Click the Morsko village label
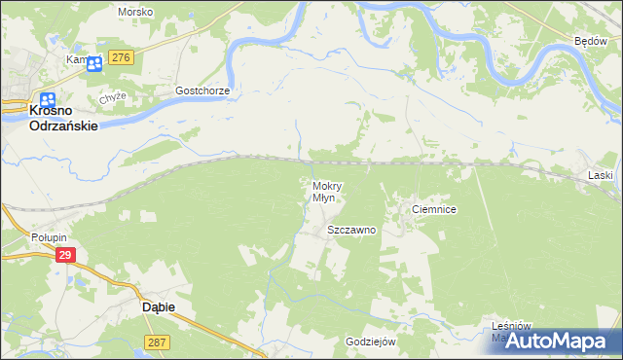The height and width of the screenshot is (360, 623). (x=134, y=12)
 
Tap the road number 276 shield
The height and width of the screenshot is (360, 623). (x=121, y=58)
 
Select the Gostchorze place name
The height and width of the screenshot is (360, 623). (x=202, y=90)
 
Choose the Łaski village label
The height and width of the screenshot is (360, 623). (x=601, y=175)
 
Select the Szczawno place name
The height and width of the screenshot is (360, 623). (x=351, y=231)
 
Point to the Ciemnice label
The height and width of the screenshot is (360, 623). (x=434, y=209)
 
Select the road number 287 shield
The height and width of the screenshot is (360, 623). (x=157, y=342)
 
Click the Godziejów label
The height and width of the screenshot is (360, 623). (x=370, y=342)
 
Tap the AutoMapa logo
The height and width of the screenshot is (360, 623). (x=568, y=342)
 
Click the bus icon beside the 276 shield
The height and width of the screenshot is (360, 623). (x=94, y=64)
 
